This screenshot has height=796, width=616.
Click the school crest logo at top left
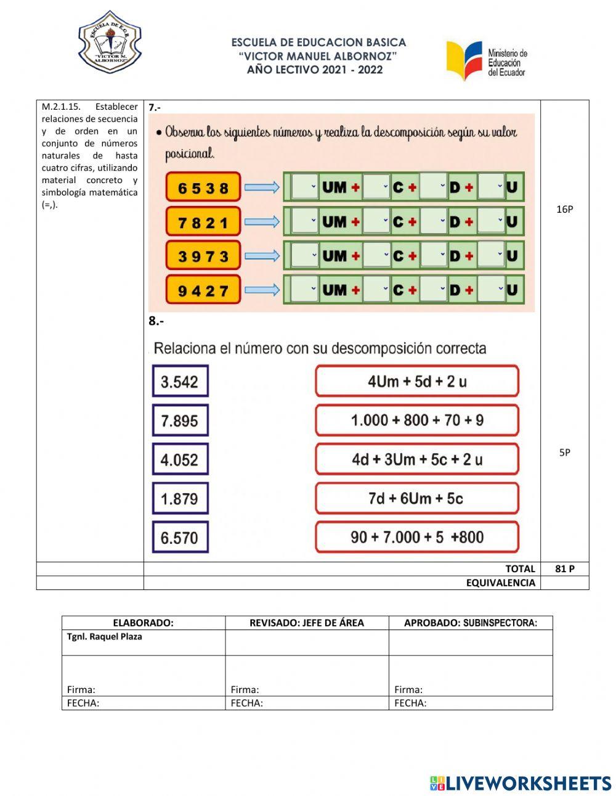click(110, 43)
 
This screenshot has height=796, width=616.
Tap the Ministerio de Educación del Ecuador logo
click(487, 60)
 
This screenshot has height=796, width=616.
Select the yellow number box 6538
click(203, 187)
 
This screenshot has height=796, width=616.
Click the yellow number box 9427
click(203, 290)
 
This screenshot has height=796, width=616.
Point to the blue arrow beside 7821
click(262, 221)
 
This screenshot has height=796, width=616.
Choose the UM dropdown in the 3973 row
click(305, 255)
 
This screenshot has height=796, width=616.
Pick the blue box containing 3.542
click(180, 382)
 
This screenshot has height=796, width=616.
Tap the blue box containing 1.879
click(180, 498)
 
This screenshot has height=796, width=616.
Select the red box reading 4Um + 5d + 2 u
click(417, 381)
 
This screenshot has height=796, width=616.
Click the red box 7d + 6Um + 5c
click(417, 498)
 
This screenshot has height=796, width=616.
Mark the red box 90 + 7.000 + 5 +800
click(417, 537)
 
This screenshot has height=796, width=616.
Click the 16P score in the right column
click(564, 209)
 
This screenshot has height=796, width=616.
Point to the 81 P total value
click(564, 568)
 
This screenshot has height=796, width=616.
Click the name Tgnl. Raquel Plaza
click(105, 637)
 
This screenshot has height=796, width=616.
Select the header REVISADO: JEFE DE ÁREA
click(306, 623)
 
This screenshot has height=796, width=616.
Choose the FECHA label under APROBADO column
click(410, 703)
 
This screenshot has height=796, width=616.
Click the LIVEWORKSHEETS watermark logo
click(521, 783)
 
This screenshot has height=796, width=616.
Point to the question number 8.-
click(156, 321)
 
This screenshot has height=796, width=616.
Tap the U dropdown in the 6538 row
click(492, 187)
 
